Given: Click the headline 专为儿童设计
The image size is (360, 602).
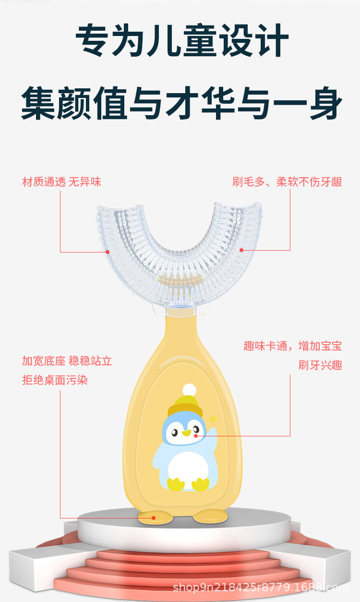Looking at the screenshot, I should pos(181,41).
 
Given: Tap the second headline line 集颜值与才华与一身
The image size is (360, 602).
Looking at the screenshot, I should pos(181,103).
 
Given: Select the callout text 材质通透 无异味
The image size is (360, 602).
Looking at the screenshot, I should pos(62,182).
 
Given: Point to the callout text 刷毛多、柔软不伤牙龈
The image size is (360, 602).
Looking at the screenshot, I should pos(287,182).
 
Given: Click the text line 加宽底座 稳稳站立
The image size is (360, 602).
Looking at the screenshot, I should pos(67,361).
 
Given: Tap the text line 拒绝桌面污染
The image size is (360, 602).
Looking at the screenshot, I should pos(55,380).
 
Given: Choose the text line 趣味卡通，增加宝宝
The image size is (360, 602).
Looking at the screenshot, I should pos(292,346).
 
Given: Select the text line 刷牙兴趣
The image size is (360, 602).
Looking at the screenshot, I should pos(320,365).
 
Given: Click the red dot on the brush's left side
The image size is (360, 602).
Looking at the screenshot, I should pos(108,252).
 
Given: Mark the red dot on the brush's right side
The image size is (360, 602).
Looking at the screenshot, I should pos(241,250).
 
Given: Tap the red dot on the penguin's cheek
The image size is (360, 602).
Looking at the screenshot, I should pos(196,435).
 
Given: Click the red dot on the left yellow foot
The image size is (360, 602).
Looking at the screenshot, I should pos(153,518).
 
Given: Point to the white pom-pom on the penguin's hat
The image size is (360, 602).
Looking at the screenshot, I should pos(190,389).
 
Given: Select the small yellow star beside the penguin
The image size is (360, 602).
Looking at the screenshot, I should pos(213,419).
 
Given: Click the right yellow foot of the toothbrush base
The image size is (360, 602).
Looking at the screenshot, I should pos(210,517).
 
